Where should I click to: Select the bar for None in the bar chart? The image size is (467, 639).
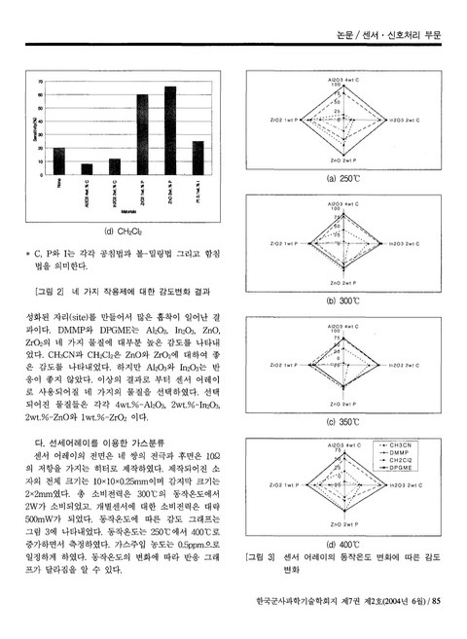58,160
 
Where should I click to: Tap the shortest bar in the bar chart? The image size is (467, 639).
87,168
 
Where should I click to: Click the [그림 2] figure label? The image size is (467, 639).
49,292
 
